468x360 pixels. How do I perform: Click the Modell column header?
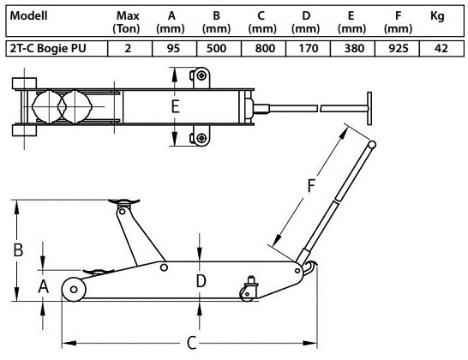click(x=28, y=15)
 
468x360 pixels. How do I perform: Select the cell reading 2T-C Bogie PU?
click(x=48, y=48)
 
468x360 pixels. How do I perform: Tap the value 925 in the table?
click(x=399, y=48)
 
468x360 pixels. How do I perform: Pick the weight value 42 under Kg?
click(x=441, y=48)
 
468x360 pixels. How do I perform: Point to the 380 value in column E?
click(x=354, y=48)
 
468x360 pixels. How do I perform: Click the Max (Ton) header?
click(x=127, y=22)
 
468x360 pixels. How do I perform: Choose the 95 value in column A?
click(x=173, y=48)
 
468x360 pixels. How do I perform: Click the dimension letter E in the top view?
click(x=176, y=106)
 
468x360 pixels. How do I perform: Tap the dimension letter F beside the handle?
click(x=311, y=185)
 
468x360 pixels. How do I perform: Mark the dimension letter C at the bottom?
click(x=192, y=343)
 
